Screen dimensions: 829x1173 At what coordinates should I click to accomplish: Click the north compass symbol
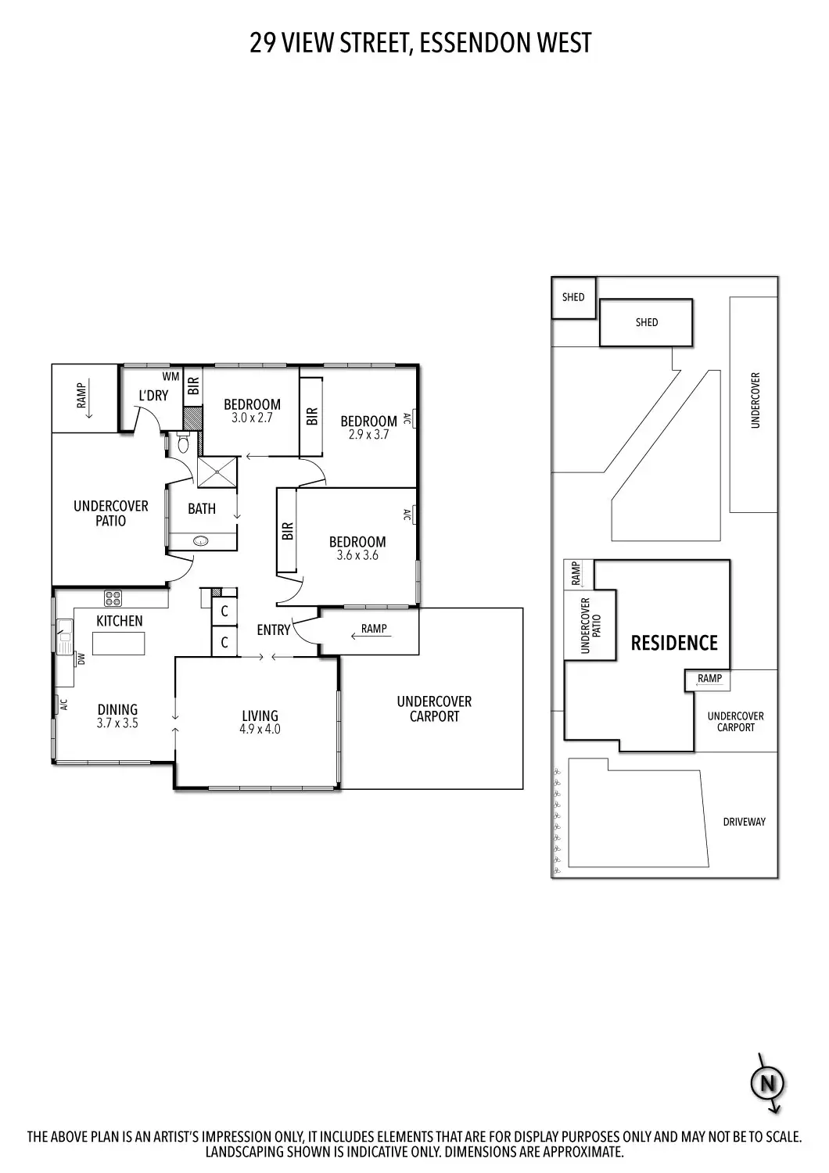[x=768, y=1082]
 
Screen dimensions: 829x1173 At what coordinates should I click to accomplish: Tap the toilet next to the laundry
[x=183, y=443]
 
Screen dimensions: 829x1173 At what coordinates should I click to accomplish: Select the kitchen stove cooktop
[x=113, y=597]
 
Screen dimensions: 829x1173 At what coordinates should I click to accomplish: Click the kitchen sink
[x=65, y=637]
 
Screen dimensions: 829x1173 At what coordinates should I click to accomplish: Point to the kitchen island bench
[x=119, y=643]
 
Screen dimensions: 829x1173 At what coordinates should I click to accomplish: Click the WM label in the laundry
[x=170, y=376]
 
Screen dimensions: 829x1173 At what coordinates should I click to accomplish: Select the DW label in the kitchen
[x=81, y=659]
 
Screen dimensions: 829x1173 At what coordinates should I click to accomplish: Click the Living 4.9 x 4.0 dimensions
[x=260, y=729]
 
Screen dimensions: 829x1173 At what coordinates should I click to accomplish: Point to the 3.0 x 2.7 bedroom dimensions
[x=252, y=418]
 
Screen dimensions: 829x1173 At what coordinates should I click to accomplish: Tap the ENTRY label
[x=274, y=630]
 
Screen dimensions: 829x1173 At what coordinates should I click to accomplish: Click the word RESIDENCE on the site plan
[x=674, y=643]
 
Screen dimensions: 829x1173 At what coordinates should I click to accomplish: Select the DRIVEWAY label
[x=745, y=822]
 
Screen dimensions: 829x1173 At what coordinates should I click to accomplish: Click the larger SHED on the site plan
[x=646, y=322]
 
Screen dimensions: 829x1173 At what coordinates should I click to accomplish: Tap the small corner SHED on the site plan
[x=573, y=297]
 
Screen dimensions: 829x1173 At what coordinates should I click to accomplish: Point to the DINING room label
[x=118, y=709]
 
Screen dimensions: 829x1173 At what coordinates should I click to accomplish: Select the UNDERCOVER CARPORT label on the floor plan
[x=434, y=709]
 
